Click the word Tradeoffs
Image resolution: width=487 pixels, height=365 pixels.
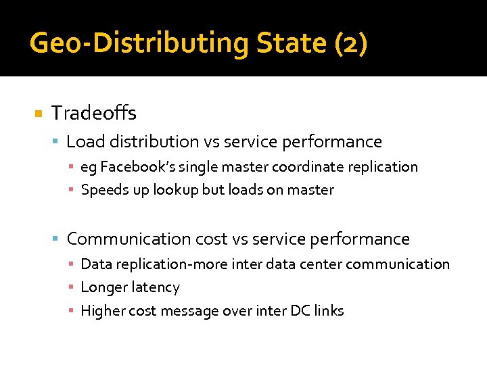94,112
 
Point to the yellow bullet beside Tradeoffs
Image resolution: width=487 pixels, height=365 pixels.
39,113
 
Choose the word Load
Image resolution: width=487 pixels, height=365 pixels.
83,142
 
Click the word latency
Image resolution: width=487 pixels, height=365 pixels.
156,288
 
